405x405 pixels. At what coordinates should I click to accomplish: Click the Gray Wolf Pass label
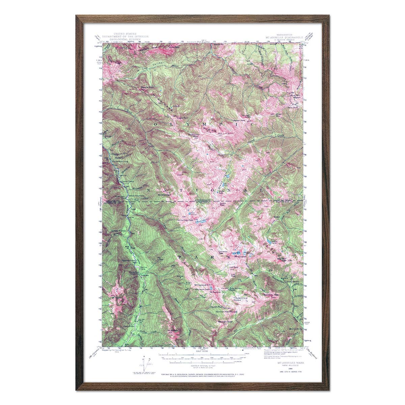pyautogui.click(x=283, y=260)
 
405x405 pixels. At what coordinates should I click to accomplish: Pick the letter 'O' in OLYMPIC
pyautogui.click(x=156, y=125)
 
